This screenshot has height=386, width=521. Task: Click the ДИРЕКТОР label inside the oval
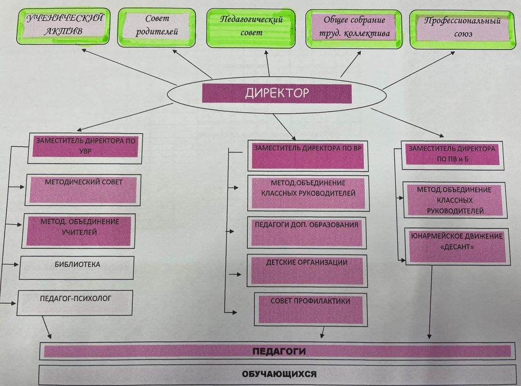(277, 93)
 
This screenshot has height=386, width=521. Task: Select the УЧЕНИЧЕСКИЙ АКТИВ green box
(65, 25)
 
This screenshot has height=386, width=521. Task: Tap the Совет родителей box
(157, 26)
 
